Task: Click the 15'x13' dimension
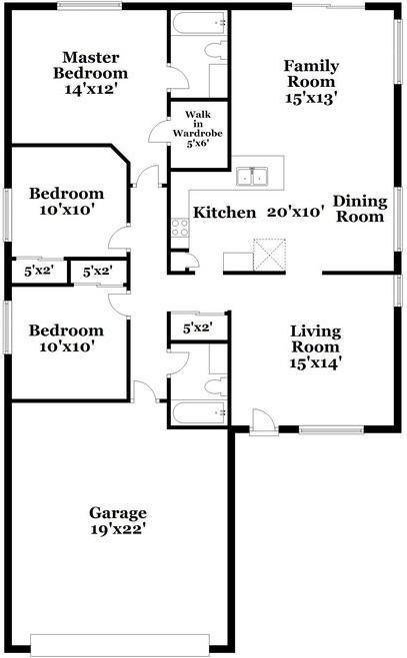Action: [312, 98]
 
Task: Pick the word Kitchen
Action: [224, 212]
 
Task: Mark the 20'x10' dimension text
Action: [296, 212]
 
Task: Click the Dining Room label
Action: [359, 209]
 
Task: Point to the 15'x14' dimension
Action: [316, 363]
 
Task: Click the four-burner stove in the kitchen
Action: [181, 227]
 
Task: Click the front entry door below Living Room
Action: [261, 423]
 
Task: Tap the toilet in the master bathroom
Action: [213, 50]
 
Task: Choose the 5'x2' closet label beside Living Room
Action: [197, 327]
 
